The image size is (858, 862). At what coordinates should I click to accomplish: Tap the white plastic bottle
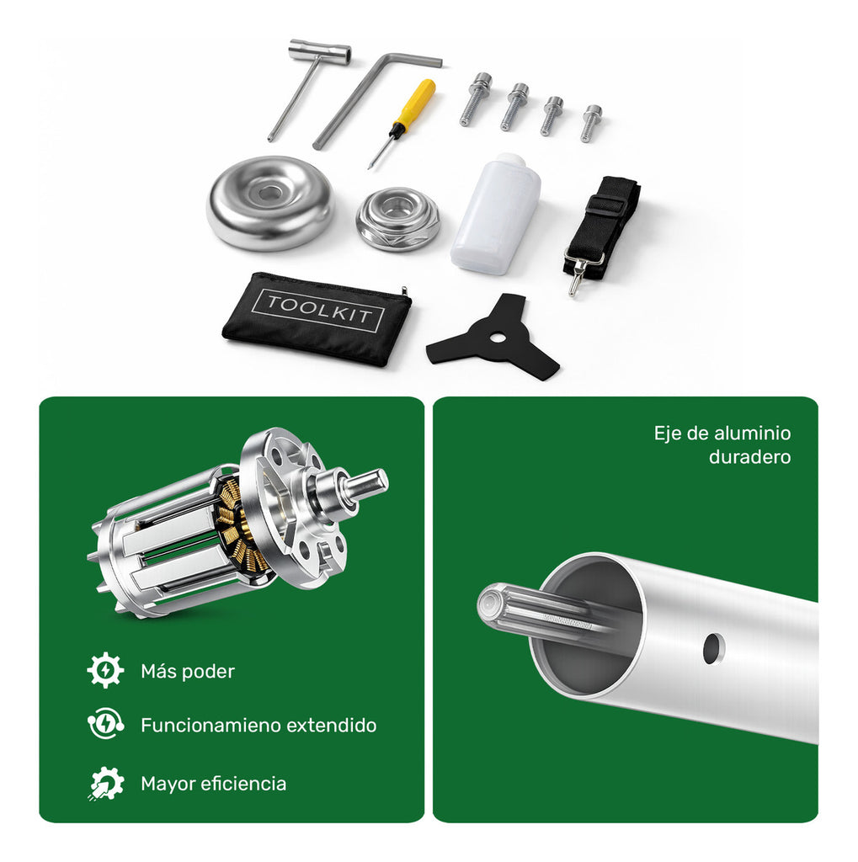(496, 215)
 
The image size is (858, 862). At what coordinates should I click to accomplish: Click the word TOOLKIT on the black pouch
(318, 310)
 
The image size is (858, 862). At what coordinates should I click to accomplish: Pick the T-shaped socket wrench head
(320, 51)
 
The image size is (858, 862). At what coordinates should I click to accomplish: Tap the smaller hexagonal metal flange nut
(397, 219)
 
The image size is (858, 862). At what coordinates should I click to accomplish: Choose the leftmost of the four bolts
(475, 99)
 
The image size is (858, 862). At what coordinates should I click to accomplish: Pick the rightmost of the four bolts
(591, 123)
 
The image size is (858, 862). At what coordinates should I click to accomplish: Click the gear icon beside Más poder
(105, 670)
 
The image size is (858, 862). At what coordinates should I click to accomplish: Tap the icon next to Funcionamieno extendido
(105, 724)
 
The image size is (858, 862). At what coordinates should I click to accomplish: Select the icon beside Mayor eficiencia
(105, 783)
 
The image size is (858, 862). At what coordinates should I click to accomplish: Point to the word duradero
(749, 457)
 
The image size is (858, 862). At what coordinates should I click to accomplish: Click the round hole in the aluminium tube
(713, 648)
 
